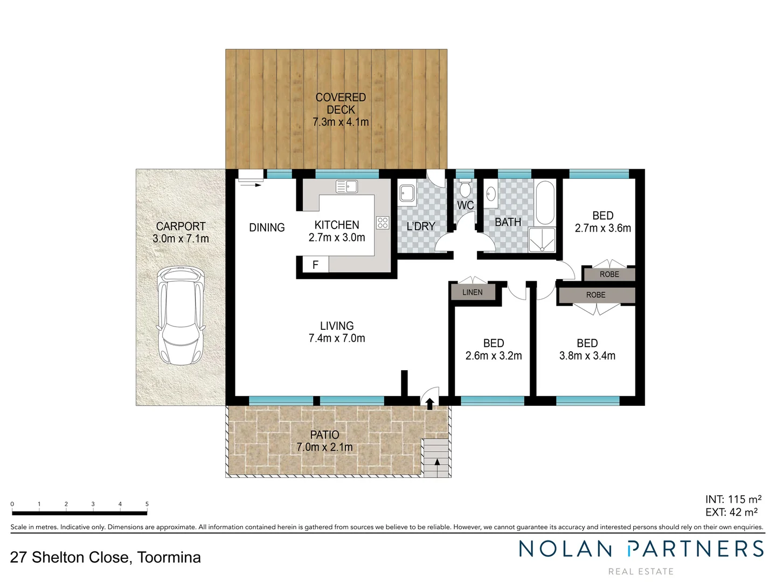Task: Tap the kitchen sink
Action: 347,186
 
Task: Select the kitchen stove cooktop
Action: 383,222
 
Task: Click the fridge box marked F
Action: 315,265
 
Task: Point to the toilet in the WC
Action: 465,189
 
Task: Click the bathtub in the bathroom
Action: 545,203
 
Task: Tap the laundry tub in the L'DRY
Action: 407,193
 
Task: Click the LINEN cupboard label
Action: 472,293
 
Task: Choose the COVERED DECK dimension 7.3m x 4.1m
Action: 341,122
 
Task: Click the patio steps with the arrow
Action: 435,458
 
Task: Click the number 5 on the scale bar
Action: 147,504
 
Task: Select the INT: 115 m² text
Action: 733,500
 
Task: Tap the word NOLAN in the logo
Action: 565,549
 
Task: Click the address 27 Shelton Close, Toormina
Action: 106,557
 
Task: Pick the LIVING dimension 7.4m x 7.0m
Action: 337,338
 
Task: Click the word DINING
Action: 267,227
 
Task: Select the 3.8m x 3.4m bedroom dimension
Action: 587,356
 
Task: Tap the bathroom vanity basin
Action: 491,193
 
